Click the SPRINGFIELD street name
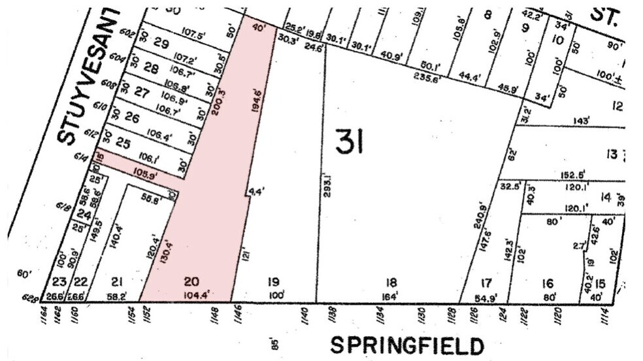[x=406, y=345]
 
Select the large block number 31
[x=349, y=142]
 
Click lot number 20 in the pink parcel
[x=191, y=282]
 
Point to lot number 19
[x=274, y=282]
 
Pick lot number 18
[x=391, y=282]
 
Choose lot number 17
[x=485, y=283]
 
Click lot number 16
[x=547, y=283]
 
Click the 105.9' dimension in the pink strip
[x=146, y=175]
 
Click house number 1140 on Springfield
[x=304, y=317]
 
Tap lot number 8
[x=487, y=14]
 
